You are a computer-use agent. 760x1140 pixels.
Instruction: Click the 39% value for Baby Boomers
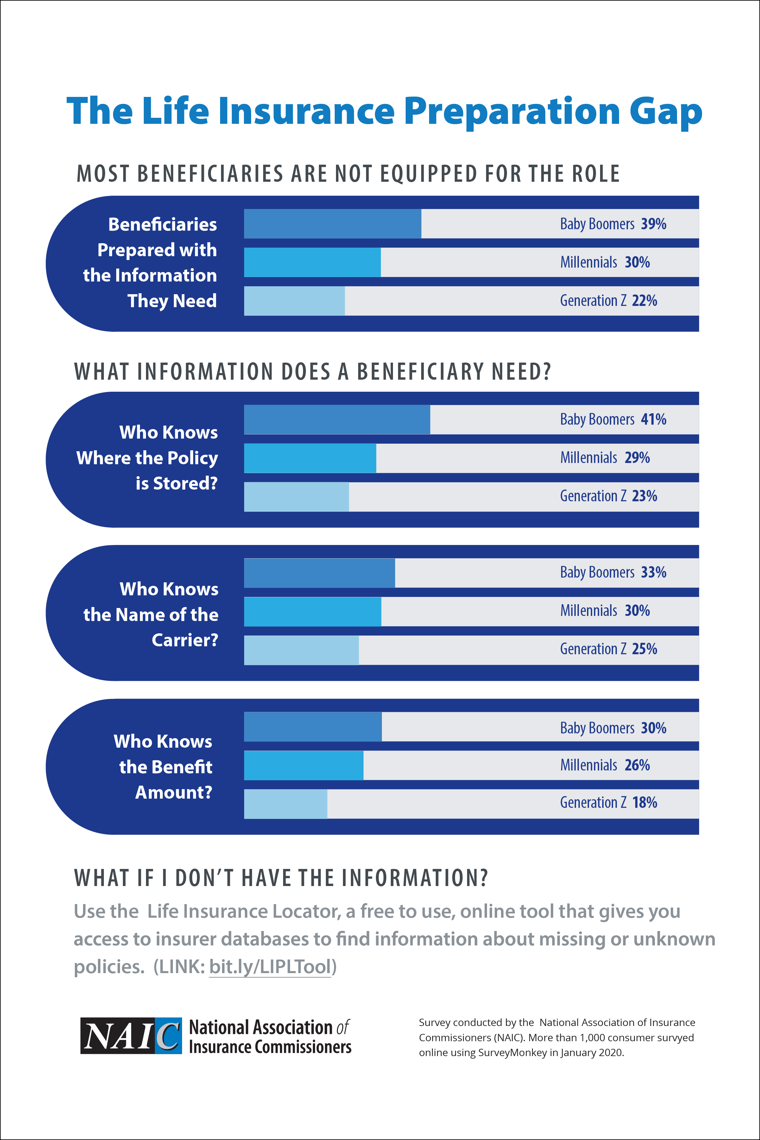tap(653, 224)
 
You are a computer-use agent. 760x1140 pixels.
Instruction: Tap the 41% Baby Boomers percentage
tap(653, 419)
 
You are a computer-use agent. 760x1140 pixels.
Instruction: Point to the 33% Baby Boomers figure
tap(653, 573)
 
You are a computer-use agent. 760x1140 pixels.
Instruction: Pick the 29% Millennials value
tap(637, 458)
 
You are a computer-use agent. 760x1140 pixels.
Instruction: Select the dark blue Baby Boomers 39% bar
tap(332, 224)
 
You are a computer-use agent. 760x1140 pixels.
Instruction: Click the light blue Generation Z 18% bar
tap(286, 804)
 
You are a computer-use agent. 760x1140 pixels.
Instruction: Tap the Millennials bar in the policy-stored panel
tap(310, 458)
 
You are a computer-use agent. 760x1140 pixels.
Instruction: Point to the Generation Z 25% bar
tap(301, 650)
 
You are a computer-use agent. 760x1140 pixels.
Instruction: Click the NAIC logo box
tap(131, 1036)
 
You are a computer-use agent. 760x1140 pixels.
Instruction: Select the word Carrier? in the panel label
tap(185, 640)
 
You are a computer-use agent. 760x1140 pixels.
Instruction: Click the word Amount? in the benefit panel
tap(174, 793)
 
